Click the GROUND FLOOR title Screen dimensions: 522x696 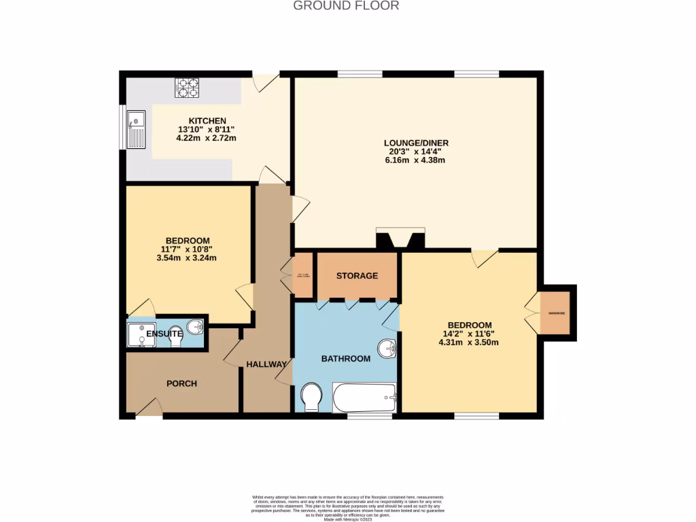(x=346, y=6)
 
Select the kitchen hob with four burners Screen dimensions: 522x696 (x=188, y=88)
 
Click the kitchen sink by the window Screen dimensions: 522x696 (x=137, y=129)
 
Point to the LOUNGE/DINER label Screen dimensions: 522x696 (x=416, y=143)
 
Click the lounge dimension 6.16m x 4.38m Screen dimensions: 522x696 (x=415, y=160)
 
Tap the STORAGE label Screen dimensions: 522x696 (x=357, y=276)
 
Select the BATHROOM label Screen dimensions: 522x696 (x=346, y=358)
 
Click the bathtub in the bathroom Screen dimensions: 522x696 (x=364, y=398)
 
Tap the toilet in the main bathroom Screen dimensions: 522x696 (x=312, y=397)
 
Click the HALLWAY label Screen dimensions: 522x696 (x=266, y=364)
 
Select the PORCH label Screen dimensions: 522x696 (x=182, y=383)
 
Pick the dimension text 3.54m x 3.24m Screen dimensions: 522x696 (x=187, y=258)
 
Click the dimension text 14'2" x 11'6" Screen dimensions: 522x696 (x=469, y=334)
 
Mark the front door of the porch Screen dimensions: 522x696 (x=149, y=408)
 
